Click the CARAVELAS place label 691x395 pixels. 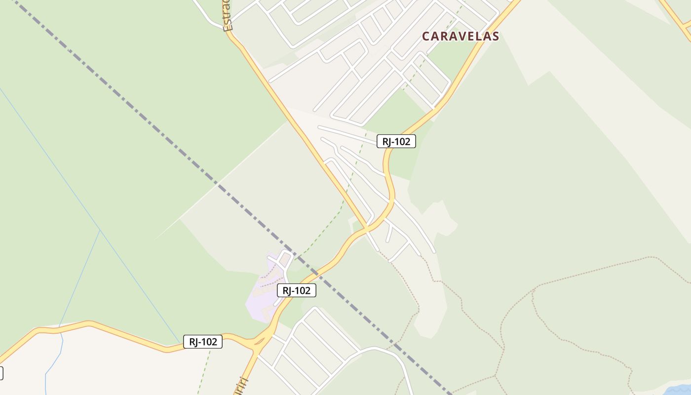[x=460, y=36]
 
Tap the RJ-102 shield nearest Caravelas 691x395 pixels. [x=396, y=142]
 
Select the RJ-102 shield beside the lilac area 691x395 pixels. [x=296, y=291]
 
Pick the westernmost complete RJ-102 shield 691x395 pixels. [x=203, y=342]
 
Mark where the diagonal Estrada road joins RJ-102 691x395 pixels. [x=367, y=229]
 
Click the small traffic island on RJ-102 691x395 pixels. [x=260, y=341]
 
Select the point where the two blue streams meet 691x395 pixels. [x=100, y=231]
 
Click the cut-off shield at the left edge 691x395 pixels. [x=1, y=373]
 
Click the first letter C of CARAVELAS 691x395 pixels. [x=426, y=36]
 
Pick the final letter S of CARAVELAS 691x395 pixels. [x=495, y=36]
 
